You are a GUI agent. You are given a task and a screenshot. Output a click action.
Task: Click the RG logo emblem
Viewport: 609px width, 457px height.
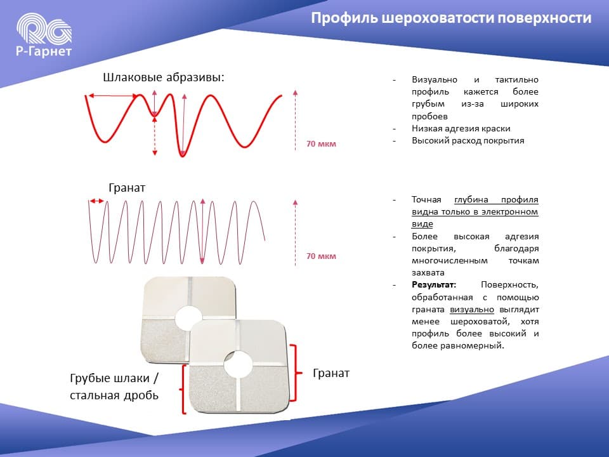44,28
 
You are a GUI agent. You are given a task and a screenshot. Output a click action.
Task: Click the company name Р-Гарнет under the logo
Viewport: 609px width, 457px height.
44,51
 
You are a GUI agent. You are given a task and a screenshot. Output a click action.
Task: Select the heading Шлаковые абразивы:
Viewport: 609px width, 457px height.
164,77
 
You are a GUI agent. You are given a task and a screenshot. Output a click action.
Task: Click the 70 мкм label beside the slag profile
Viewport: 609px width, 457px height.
321,144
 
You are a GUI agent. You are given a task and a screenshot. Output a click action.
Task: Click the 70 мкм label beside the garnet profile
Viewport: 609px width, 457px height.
321,256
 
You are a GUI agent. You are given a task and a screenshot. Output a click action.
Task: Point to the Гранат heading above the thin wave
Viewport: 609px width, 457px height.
127,188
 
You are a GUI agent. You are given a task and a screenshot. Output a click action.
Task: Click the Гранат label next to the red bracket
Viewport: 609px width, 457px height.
331,373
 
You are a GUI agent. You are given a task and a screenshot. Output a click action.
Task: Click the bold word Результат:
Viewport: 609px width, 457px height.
434,284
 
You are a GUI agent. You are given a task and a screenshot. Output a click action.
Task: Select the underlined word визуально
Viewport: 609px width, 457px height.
472,309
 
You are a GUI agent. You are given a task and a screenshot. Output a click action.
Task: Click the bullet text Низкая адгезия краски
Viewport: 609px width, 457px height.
461,128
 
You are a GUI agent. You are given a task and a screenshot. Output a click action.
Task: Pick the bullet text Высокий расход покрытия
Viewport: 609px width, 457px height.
468,140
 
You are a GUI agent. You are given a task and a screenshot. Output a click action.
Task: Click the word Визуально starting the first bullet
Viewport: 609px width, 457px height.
434,80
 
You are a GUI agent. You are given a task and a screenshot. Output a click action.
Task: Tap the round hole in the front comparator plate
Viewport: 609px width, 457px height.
238,364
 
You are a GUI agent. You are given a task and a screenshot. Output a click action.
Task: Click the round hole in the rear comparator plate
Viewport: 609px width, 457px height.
189,318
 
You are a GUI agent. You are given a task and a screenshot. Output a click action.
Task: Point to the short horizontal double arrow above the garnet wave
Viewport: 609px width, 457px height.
96,201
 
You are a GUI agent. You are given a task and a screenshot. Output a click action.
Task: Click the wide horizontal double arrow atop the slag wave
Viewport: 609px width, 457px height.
114,96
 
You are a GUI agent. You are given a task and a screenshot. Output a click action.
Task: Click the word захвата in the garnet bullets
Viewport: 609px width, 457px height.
428,272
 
